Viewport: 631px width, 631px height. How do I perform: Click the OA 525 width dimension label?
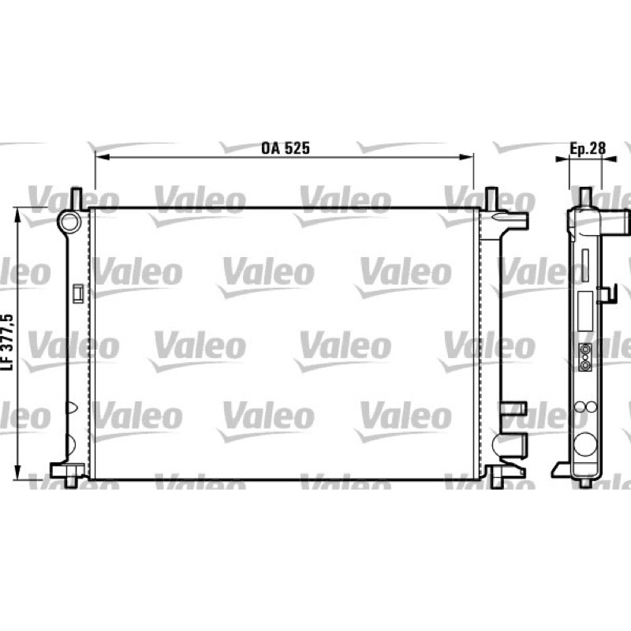coord(286,148)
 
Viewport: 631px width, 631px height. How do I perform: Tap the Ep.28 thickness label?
coord(588,148)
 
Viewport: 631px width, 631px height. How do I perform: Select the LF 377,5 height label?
coord(8,342)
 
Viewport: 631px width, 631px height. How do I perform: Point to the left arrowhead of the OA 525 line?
coord(102,157)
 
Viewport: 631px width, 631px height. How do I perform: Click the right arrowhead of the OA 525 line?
coord(466,157)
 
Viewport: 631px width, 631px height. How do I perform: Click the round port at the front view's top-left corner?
coord(69,222)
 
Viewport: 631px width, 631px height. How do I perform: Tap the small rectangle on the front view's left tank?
coord(77,293)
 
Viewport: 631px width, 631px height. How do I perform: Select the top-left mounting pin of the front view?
coord(76,199)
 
